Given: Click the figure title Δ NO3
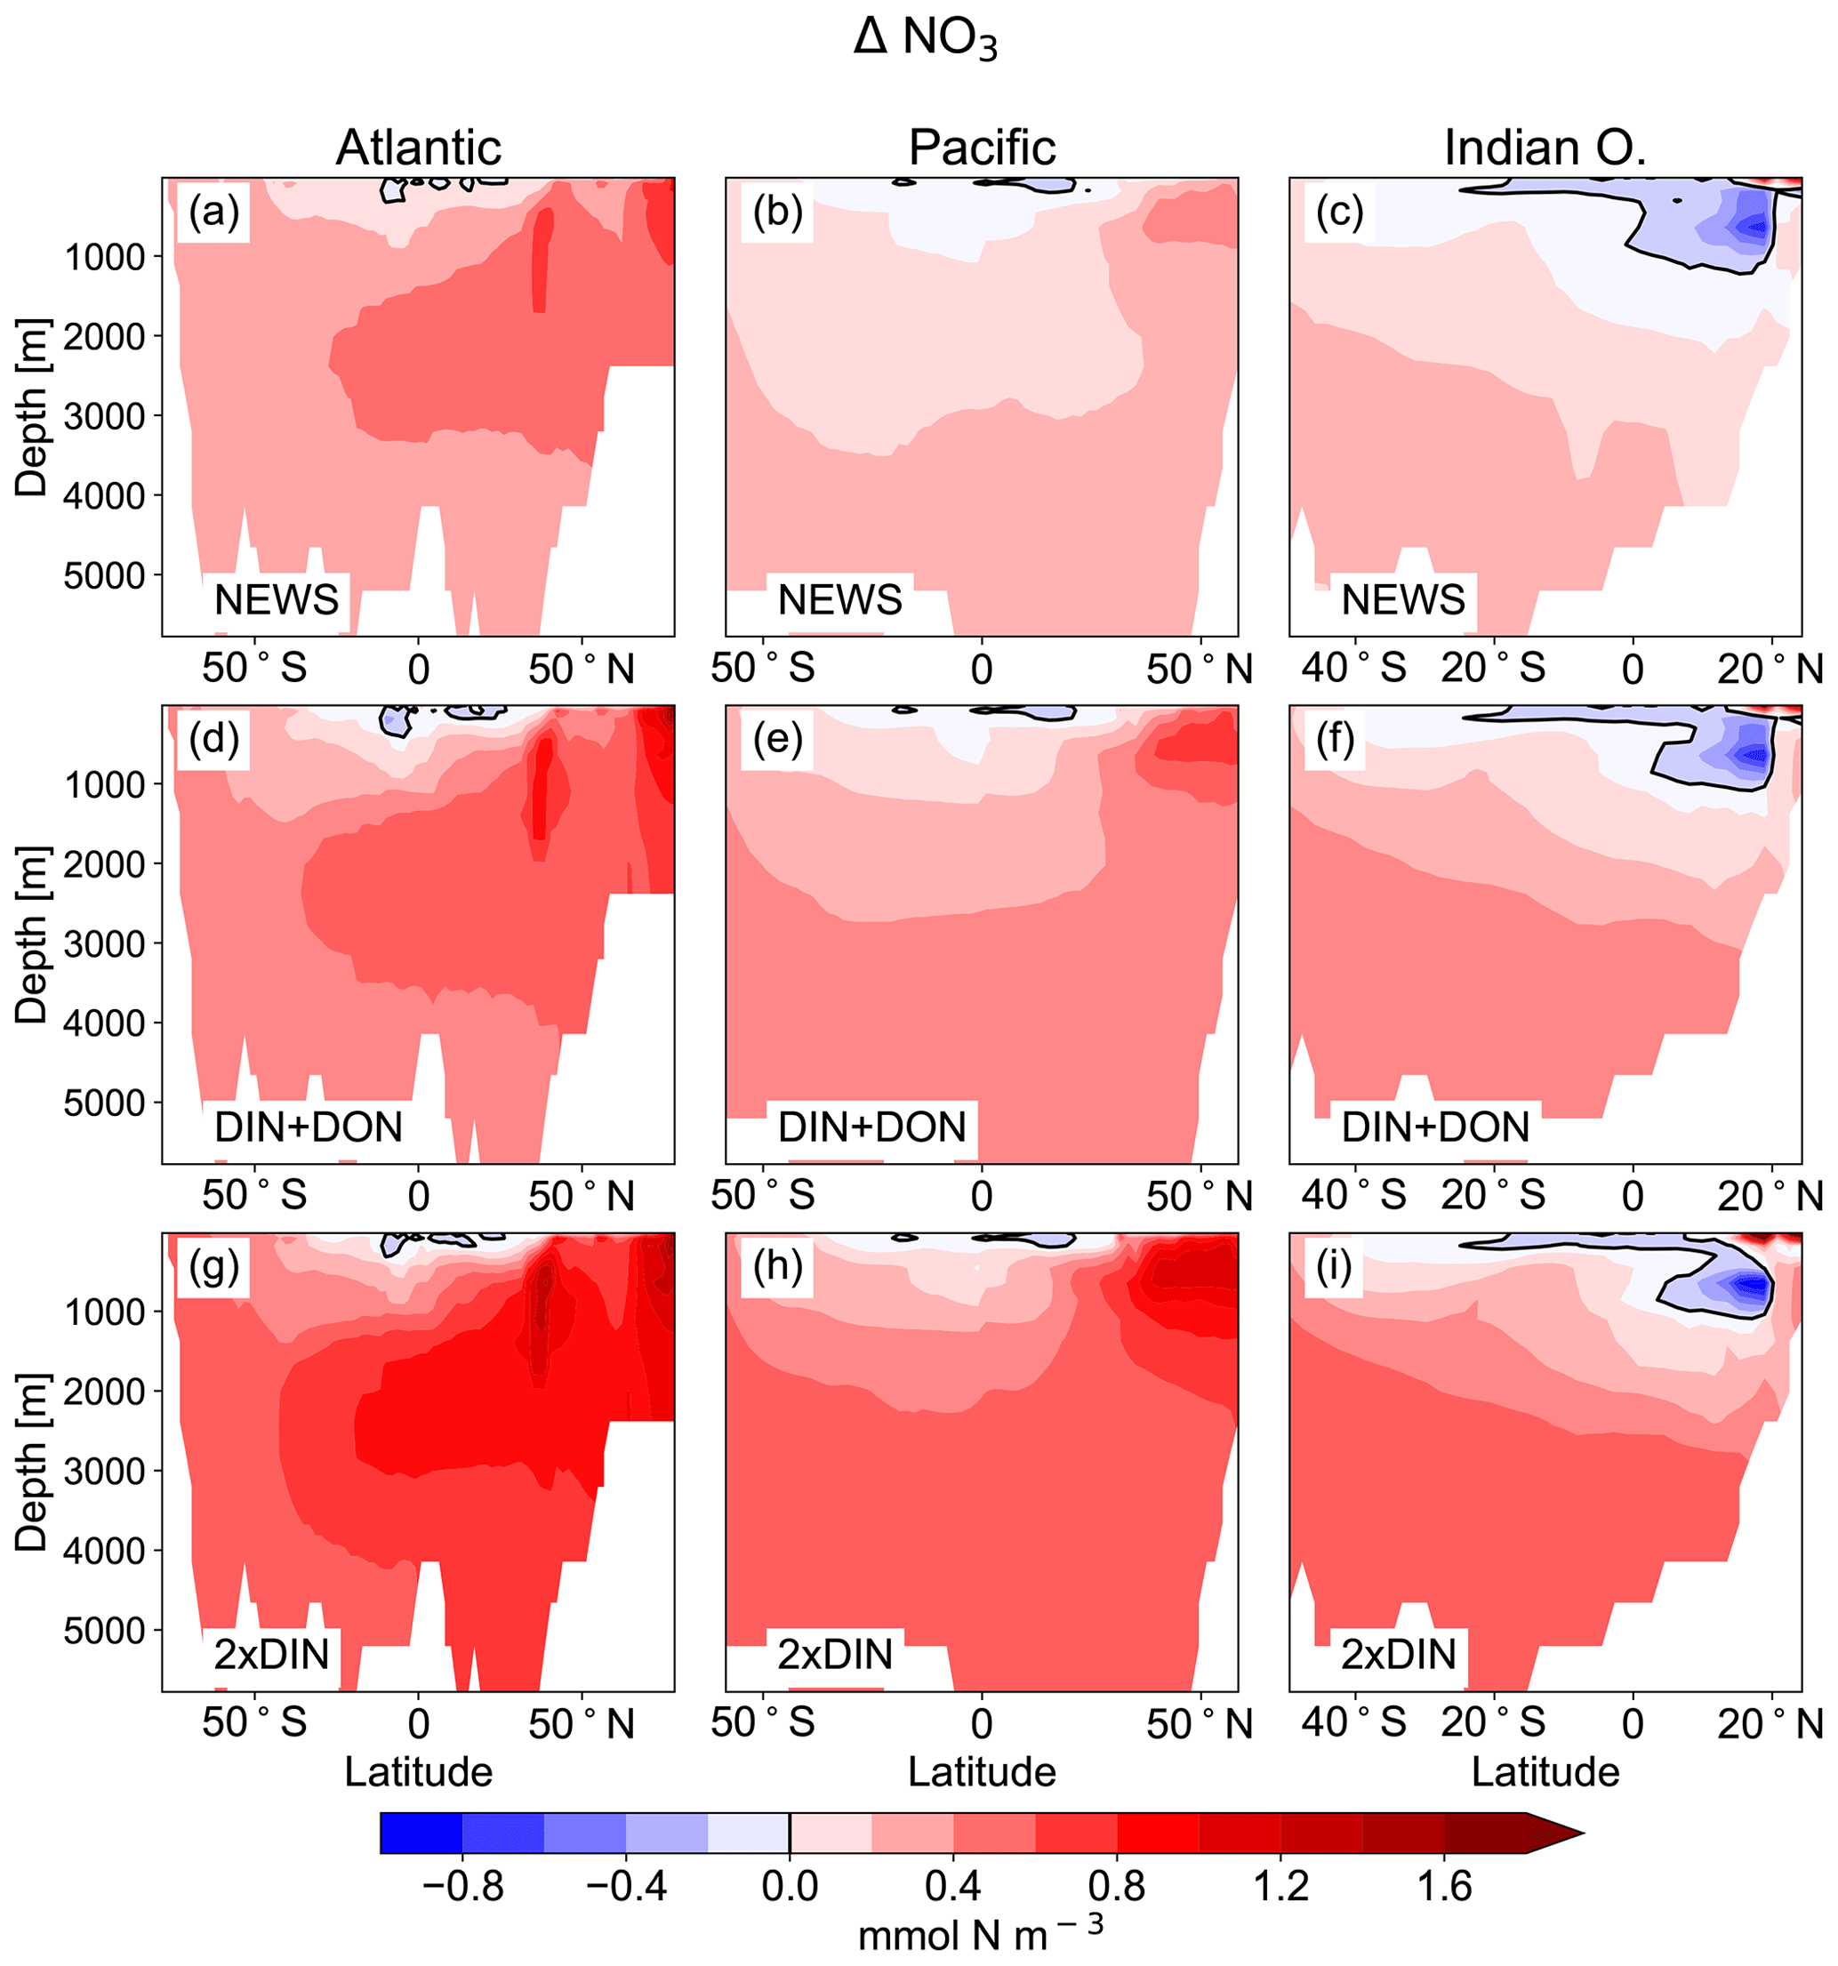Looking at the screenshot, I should [x=925, y=41].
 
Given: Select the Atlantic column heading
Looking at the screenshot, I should [x=418, y=148].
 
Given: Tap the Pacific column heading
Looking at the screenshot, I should [x=982, y=148].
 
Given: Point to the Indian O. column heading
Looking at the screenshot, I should [x=1545, y=148].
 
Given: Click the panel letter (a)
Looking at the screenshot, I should [x=213, y=213].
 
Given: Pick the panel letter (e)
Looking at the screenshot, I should [x=777, y=740].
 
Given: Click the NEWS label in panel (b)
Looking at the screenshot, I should [x=839, y=600].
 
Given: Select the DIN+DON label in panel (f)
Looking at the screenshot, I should [x=1434, y=1127].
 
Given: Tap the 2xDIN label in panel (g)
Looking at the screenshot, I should [x=271, y=1655].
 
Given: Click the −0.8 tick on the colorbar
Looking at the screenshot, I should [x=462, y=1886].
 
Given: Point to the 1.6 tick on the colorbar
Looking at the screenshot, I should [x=1444, y=1886].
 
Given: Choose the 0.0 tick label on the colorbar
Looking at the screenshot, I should [x=789, y=1886].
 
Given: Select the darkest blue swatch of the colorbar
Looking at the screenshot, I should [x=421, y=1833].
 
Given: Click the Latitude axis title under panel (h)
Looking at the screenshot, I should [x=982, y=1771].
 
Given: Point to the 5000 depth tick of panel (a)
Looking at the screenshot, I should [x=104, y=575].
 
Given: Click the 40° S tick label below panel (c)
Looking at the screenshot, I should [x=1353, y=670].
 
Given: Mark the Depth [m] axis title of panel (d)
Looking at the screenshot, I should [x=32, y=935].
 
